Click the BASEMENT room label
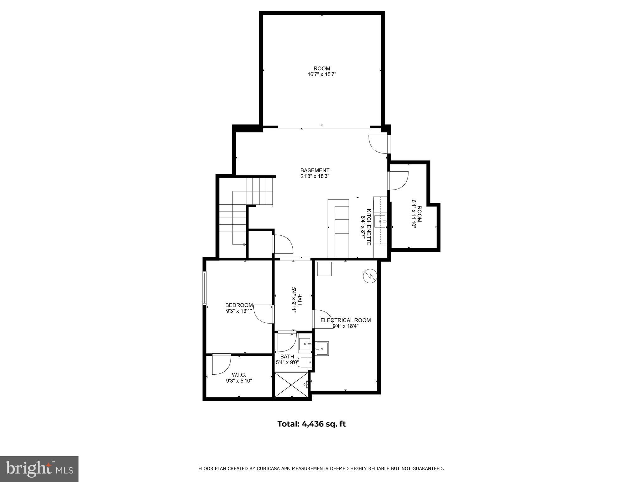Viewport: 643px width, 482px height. (315, 170)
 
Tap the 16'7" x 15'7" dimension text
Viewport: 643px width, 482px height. (322, 74)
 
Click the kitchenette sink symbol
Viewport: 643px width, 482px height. (381, 222)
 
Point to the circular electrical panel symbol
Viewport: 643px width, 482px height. (370, 276)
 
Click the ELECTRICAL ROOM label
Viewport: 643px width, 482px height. (345, 320)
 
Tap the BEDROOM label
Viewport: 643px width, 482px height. (239, 305)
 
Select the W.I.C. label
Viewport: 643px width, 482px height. (239, 375)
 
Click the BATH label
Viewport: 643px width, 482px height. (287, 356)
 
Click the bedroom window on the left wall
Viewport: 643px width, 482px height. (204, 288)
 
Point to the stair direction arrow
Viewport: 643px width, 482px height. (244, 244)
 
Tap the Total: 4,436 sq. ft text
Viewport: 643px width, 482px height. (311, 424)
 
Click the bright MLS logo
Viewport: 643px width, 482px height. (39, 469)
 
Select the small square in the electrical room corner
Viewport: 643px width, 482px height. (324, 269)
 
